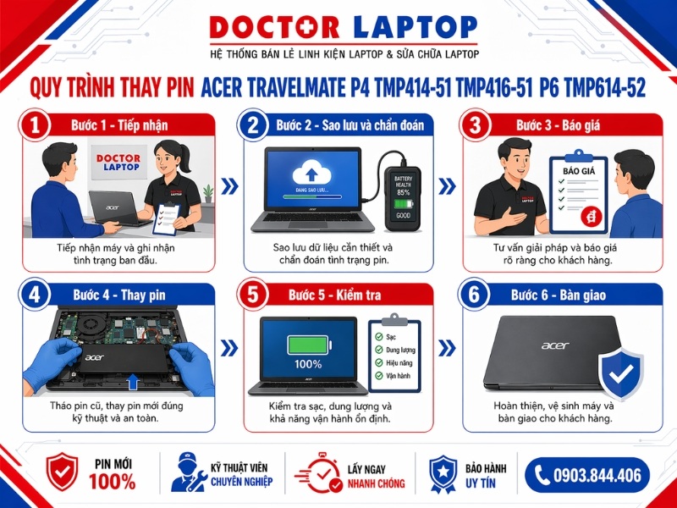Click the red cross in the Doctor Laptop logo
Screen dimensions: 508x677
(338, 27)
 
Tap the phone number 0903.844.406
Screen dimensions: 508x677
(596, 475)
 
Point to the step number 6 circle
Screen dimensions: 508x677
(476, 295)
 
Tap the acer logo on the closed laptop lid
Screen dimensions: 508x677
(555, 345)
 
